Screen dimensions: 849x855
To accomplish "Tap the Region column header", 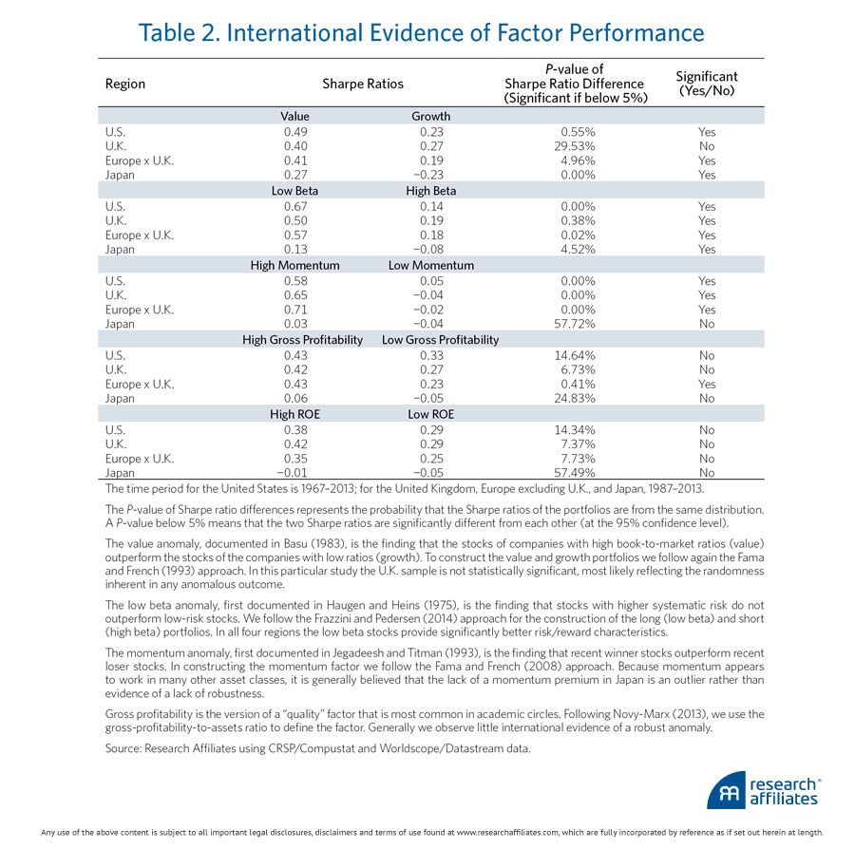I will coord(125,84).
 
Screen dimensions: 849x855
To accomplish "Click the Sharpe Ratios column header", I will coord(363,84).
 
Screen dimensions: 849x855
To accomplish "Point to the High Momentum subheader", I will coord(294,266).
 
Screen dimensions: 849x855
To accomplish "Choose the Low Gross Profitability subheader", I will coord(440,340).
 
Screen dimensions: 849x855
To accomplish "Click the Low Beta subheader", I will coord(294,191).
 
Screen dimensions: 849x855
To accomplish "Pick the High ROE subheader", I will coord(294,415).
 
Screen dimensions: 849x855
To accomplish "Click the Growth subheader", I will coord(430,117).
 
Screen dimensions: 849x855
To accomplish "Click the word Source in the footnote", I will coord(124,749).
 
